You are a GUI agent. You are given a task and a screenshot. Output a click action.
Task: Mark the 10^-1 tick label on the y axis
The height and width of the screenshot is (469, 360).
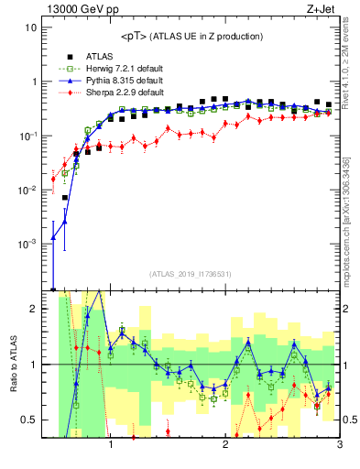[x=28, y=136]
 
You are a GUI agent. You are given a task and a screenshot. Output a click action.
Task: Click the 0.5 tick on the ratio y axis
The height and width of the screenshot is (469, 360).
[x=30, y=420]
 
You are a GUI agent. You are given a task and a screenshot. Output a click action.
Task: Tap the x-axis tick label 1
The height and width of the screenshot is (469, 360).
[x=111, y=444]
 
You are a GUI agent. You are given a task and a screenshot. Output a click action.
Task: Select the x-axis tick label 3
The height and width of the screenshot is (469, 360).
[x=339, y=444]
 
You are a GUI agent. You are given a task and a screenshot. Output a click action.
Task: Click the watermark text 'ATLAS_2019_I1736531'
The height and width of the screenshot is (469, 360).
[x=190, y=274]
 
